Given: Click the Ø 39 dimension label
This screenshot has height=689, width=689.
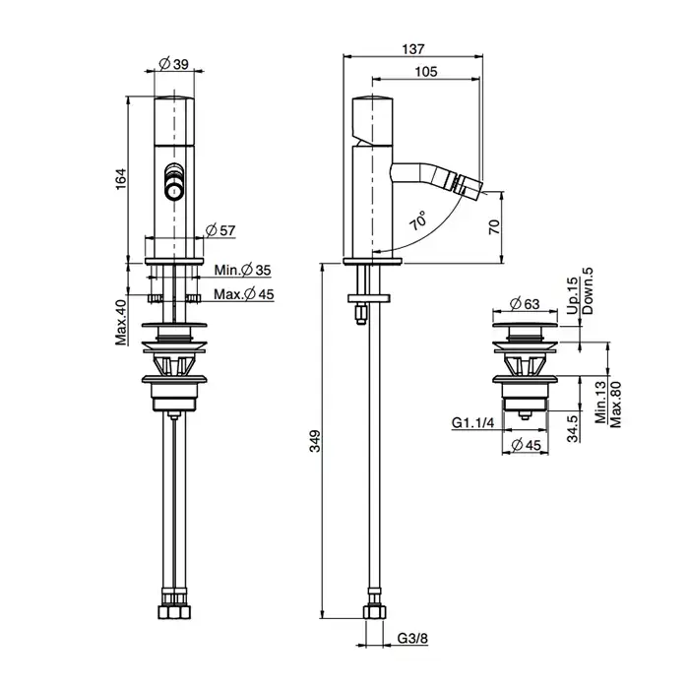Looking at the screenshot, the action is [x=173, y=64].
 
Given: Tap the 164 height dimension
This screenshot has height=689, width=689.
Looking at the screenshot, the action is [x=120, y=179].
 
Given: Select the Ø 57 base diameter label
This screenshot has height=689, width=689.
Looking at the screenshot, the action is [x=220, y=230].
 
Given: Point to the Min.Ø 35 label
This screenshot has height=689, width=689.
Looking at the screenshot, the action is [x=242, y=270].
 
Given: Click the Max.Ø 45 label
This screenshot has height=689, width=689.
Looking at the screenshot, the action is [x=244, y=294].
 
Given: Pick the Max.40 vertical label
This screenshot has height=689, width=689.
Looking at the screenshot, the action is [x=120, y=322].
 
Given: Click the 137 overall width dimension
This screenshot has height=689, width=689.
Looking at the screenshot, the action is [x=413, y=49].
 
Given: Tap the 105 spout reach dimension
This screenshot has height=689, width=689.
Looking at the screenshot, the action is [x=426, y=72].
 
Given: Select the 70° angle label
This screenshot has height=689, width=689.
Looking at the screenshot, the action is [x=418, y=220].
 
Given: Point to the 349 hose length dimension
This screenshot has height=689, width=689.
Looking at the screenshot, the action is [x=315, y=441].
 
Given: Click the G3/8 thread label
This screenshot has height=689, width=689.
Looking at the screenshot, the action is [x=412, y=638].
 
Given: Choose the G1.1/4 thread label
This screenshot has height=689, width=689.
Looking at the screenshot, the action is [x=472, y=422].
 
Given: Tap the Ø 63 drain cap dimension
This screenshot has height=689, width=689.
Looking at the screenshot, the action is [x=525, y=303].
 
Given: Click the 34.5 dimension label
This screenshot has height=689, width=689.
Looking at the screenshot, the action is [x=572, y=428].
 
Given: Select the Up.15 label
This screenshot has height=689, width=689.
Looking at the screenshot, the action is [x=572, y=295].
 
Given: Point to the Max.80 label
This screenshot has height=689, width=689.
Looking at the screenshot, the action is [x=615, y=405].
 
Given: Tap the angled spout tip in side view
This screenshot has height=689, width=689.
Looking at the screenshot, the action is [x=470, y=184].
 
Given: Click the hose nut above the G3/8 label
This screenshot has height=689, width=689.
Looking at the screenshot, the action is [x=374, y=611].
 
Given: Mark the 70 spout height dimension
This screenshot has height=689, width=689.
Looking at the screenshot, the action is [x=494, y=226].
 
